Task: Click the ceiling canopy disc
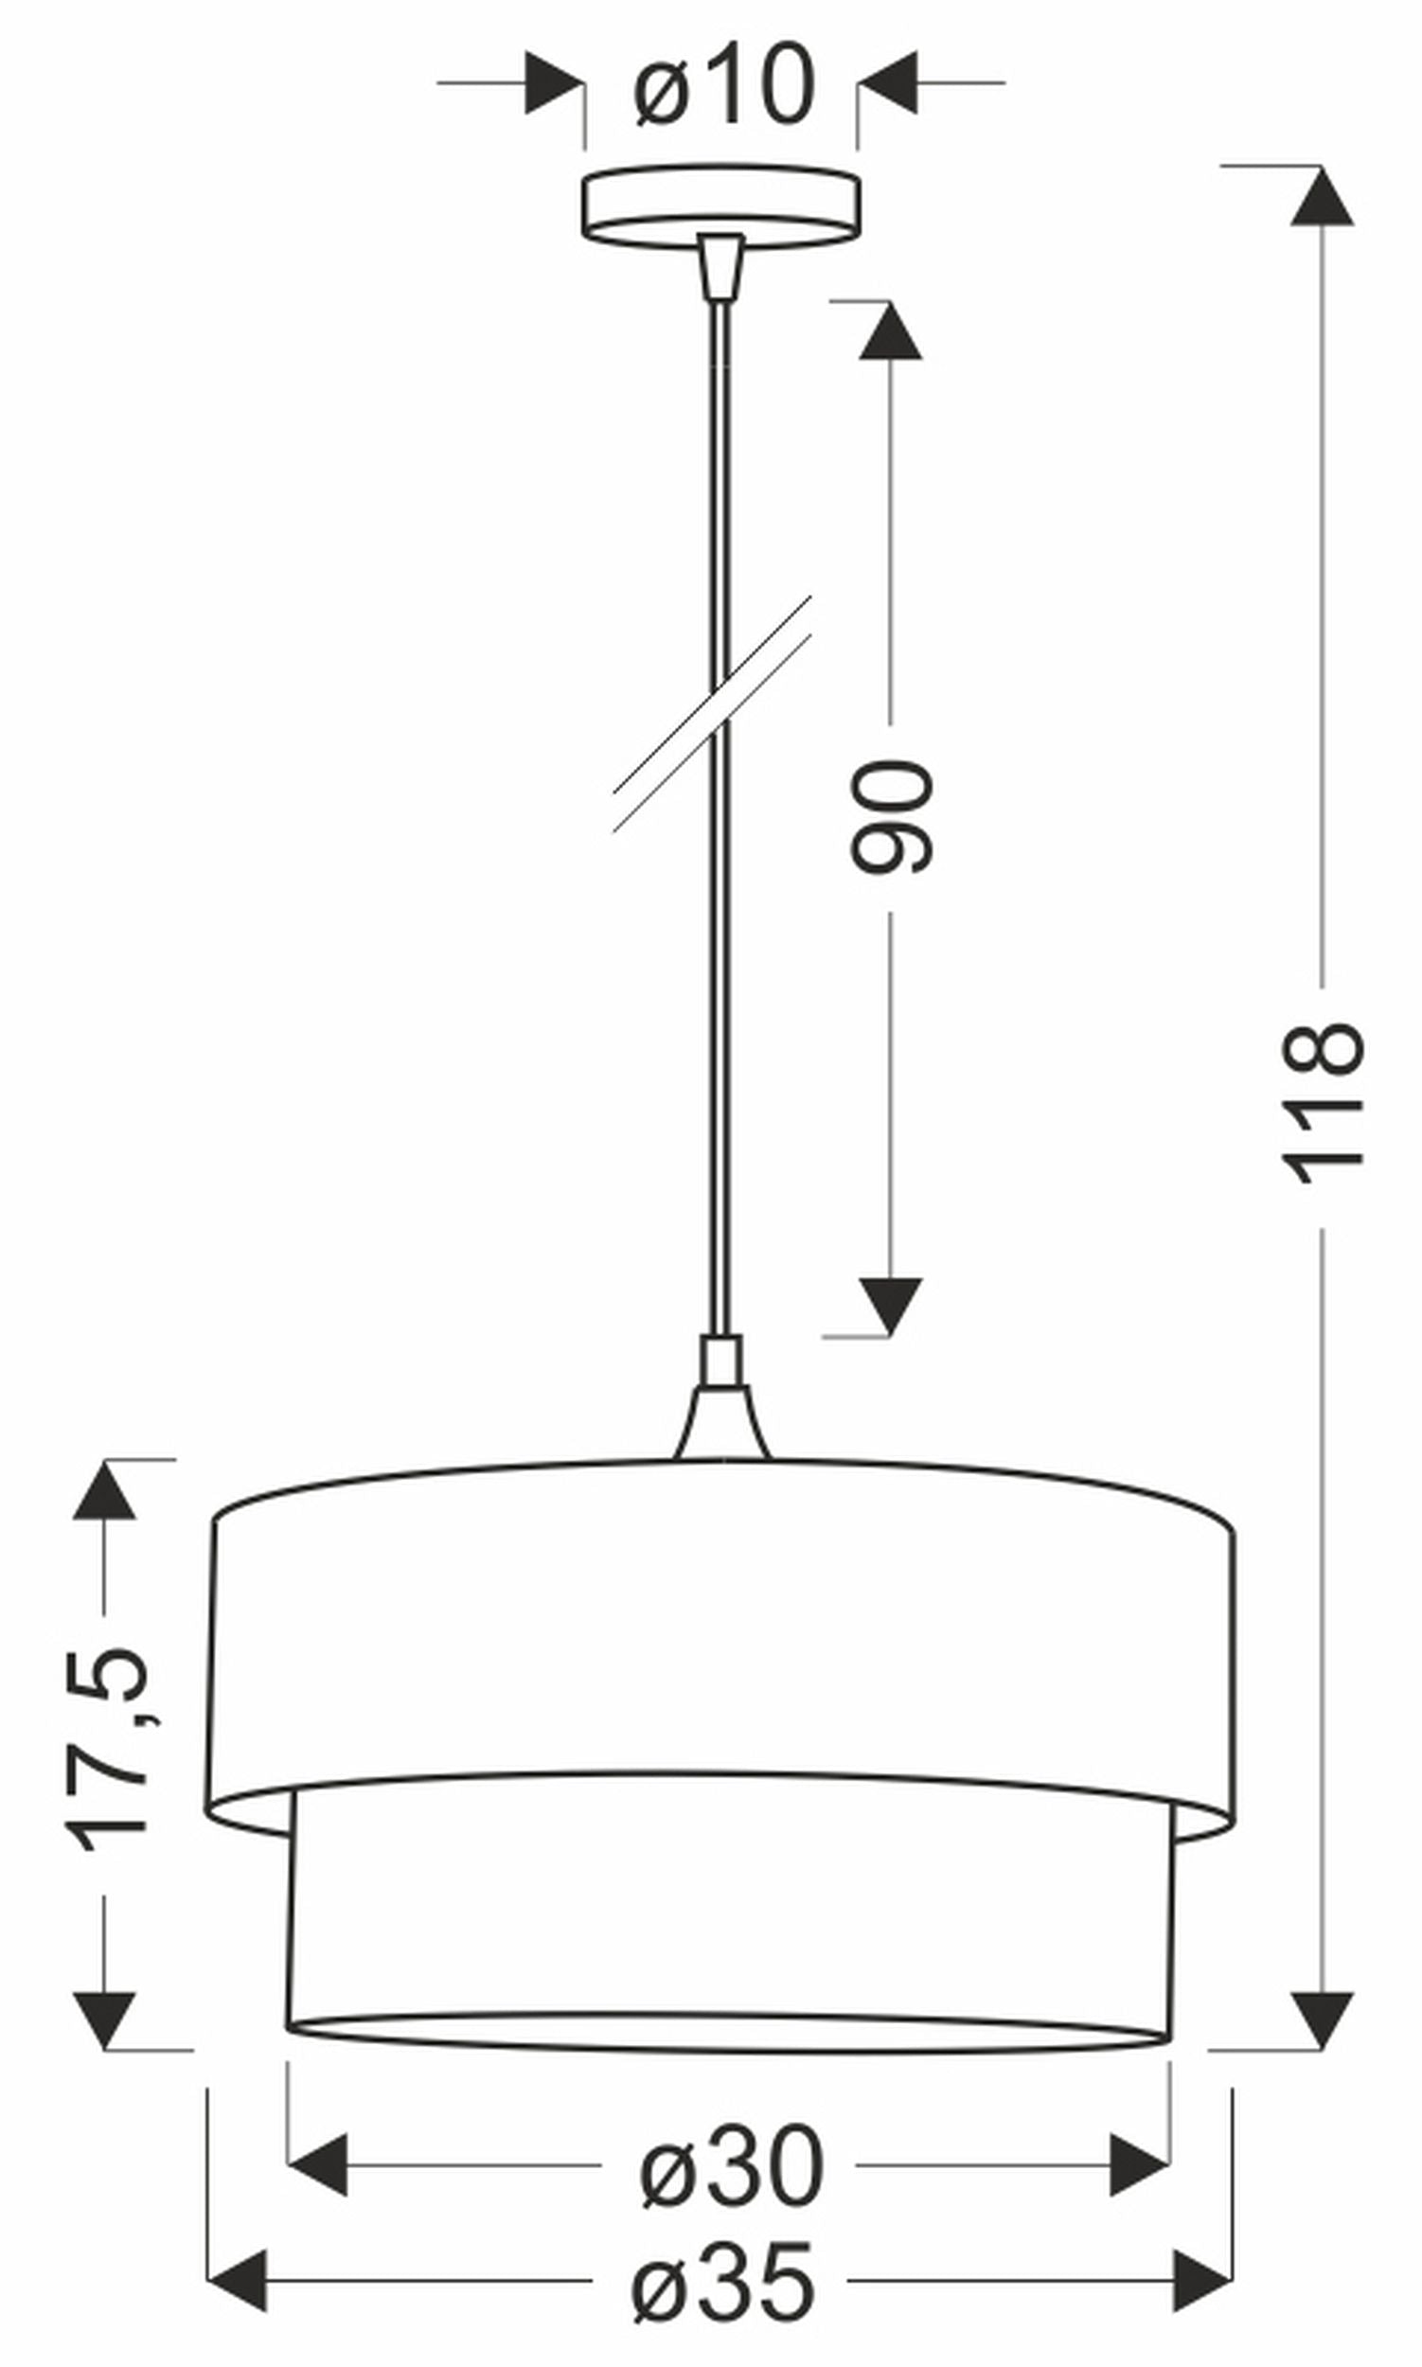point(720,205)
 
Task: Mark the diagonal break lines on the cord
point(712,713)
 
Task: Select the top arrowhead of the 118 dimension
point(1322,196)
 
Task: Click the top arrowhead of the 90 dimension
point(890,331)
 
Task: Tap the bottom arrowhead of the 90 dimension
point(890,1306)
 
